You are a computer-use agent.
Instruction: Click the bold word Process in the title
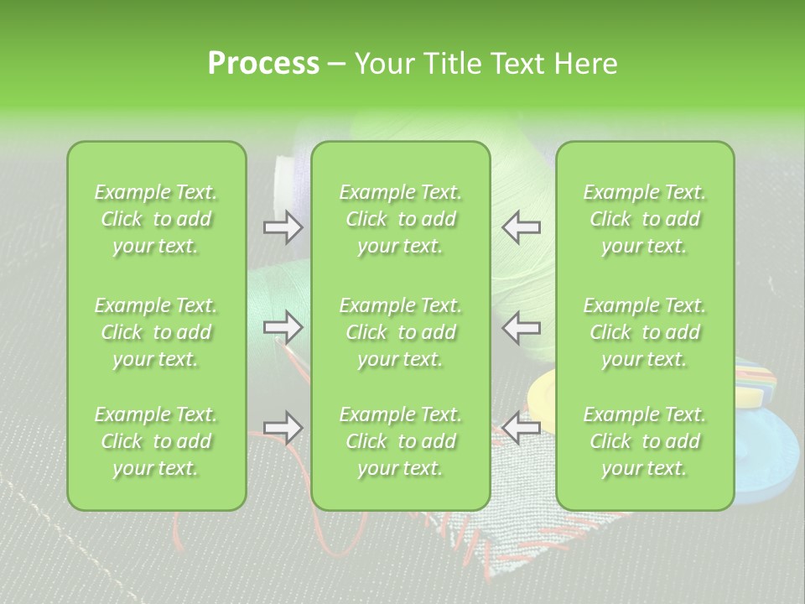[x=263, y=63]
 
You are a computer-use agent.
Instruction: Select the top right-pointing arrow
[x=283, y=226]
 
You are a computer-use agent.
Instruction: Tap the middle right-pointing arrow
[x=283, y=327]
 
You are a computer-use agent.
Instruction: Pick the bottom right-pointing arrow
[x=283, y=428]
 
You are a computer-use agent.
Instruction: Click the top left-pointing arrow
[x=521, y=226]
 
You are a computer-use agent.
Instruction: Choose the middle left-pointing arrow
[x=521, y=327]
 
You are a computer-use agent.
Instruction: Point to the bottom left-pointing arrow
[x=521, y=428]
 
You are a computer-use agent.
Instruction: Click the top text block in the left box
[x=156, y=219]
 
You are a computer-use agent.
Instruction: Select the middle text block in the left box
[x=156, y=332]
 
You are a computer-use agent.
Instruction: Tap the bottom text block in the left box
[x=156, y=441]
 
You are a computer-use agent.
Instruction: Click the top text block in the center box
[x=400, y=219]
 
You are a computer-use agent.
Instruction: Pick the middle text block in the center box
[x=400, y=332]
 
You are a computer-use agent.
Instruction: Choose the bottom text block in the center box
[x=400, y=441]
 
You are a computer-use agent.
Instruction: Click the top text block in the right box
[x=644, y=219]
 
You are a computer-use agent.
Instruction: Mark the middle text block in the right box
[x=644, y=332]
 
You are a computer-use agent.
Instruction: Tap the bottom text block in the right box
[x=644, y=441]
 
